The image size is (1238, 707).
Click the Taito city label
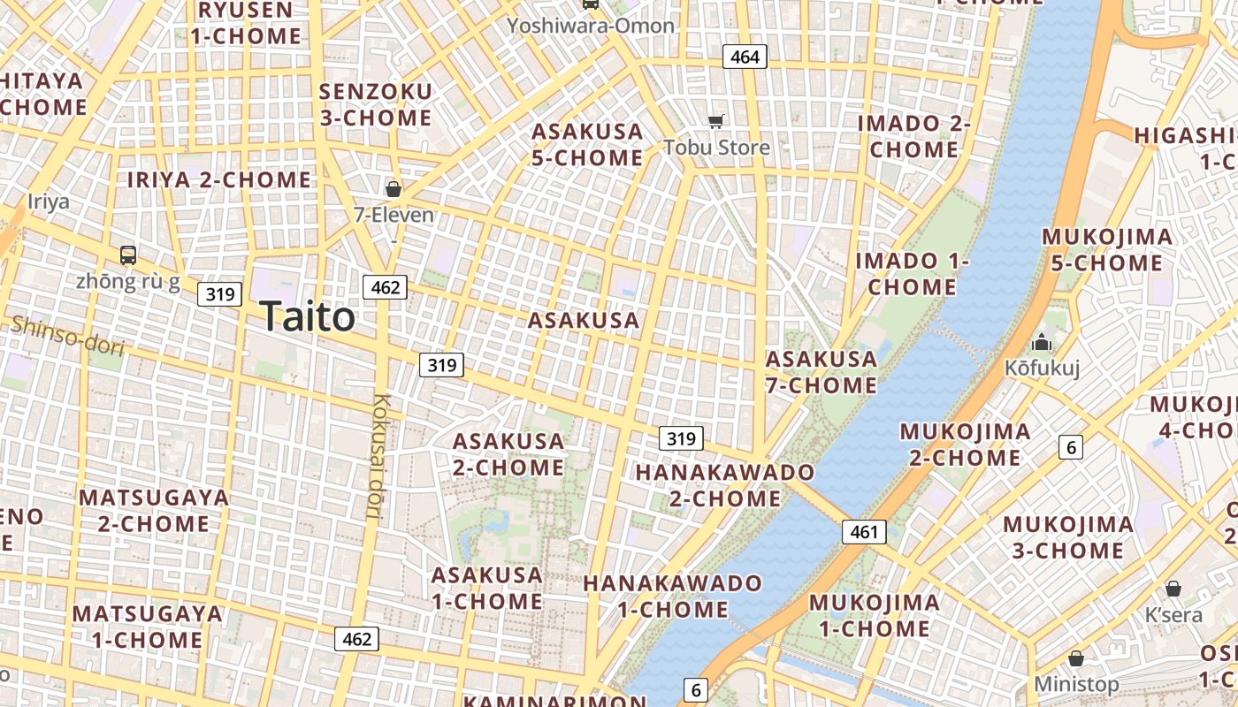tap(308, 316)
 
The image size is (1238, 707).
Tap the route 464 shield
tap(745, 57)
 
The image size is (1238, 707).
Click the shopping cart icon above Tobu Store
tap(716, 121)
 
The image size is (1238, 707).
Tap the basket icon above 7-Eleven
tap(394, 188)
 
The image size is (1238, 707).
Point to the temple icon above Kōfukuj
tap(1042, 341)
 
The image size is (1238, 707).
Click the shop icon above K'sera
tap(1173, 588)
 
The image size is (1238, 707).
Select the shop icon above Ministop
tap(1076, 658)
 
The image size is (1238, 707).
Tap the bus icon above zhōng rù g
tap(128, 255)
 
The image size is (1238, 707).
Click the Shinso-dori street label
tap(67, 336)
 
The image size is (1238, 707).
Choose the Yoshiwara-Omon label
tap(591, 26)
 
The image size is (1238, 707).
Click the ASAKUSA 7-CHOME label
tap(822, 372)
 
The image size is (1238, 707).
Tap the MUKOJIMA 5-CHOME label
tap(1107, 250)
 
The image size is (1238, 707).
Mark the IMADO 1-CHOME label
tap(912, 274)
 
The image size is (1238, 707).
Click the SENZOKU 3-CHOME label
tap(376, 104)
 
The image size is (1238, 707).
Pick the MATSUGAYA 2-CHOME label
tap(154, 510)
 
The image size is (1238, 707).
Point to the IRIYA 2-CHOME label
tap(219, 179)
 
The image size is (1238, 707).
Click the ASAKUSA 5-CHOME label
tap(587, 145)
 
